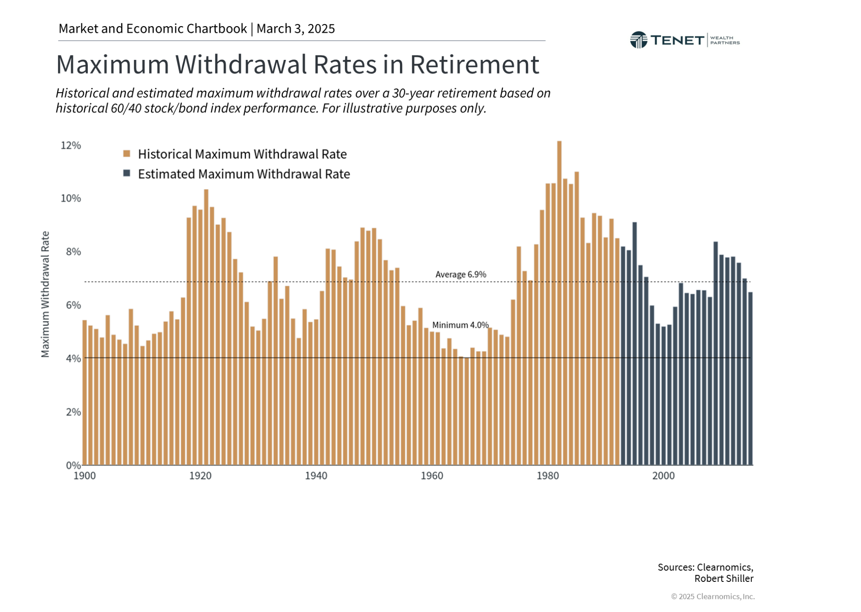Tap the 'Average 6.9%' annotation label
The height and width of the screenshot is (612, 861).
(x=460, y=275)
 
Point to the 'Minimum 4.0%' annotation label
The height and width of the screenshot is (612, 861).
(x=460, y=325)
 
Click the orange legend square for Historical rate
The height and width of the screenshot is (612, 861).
(x=127, y=154)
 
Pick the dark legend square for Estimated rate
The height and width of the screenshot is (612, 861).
(x=127, y=174)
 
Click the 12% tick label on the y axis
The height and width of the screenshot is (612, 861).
(x=71, y=146)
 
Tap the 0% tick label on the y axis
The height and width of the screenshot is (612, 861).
(x=73, y=465)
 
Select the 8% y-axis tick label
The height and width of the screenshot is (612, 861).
(x=73, y=252)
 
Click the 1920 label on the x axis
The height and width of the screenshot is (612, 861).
(x=200, y=476)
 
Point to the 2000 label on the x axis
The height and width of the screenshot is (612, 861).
(x=663, y=476)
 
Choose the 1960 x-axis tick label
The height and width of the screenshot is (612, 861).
(x=432, y=476)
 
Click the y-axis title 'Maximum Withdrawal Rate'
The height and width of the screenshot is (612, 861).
(x=45, y=294)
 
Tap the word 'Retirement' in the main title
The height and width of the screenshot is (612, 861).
(x=474, y=65)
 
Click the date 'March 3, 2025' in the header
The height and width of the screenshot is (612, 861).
(x=295, y=29)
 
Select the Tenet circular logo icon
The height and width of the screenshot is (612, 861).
(x=638, y=40)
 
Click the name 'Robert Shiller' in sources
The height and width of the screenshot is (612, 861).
(x=723, y=579)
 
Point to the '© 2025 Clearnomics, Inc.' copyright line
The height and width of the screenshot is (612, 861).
(x=712, y=597)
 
